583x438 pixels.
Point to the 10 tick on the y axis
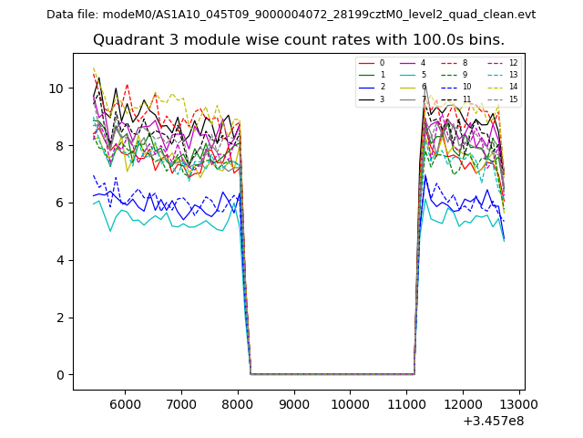click(x=56, y=89)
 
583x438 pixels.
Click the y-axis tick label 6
click(x=60, y=203)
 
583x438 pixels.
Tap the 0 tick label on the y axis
click(x=60, y=375)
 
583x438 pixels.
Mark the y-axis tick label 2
click(x=60, y=318)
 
